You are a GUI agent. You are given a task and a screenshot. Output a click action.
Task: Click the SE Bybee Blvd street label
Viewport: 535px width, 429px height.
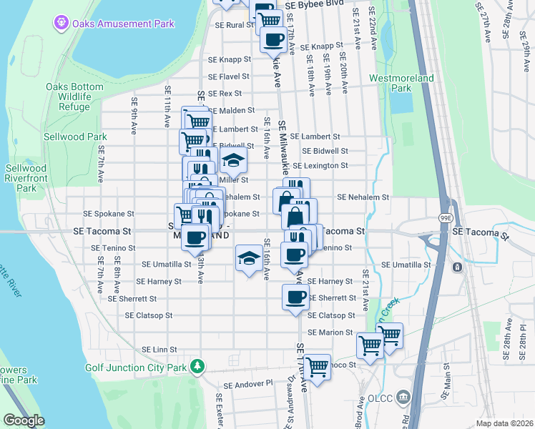point(314,5)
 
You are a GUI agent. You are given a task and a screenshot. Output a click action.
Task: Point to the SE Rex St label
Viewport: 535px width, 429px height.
point(225,94)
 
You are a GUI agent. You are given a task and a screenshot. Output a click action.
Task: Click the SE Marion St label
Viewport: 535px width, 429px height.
point(330,332)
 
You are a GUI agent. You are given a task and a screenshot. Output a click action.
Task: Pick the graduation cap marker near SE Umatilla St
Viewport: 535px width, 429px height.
point(248,258)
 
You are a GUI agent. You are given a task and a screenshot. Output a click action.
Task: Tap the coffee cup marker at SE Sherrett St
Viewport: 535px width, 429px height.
point(295,297)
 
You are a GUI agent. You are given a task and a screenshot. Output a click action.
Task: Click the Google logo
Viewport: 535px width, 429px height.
point(24,420)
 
